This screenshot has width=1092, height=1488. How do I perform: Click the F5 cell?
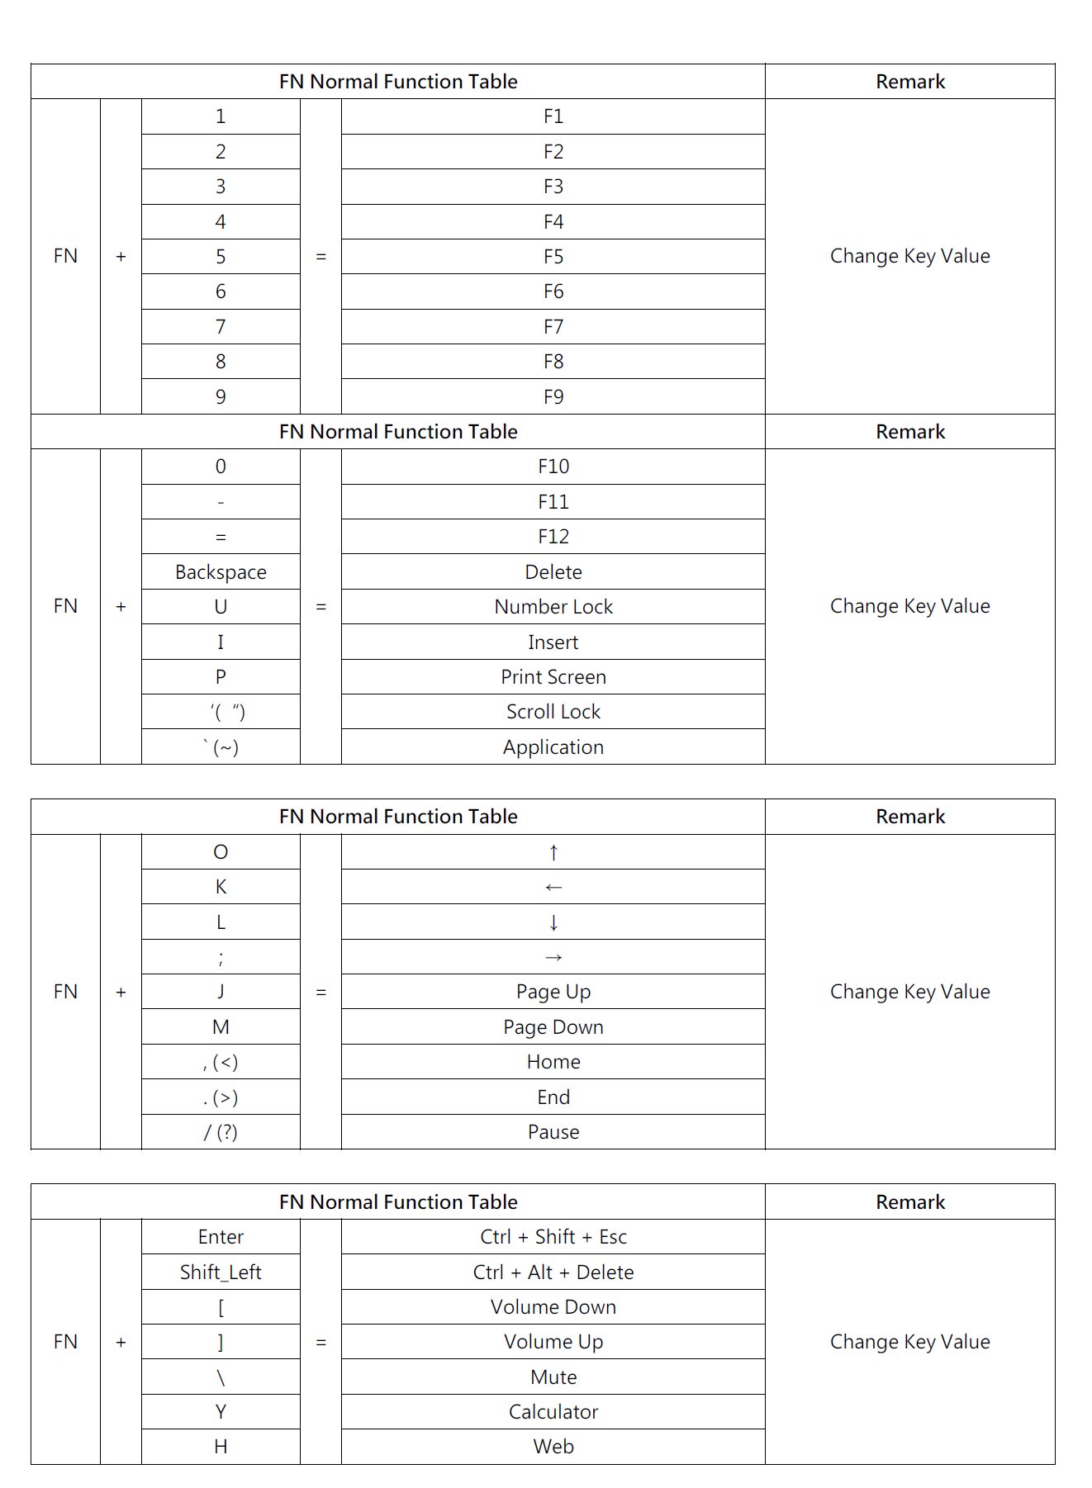click(x=553, y=257)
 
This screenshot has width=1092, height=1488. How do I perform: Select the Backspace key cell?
click(x=221, y=572)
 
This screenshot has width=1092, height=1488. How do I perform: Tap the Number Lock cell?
click(x=553, y=607)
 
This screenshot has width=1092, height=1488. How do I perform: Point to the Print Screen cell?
click(x=553, y=677)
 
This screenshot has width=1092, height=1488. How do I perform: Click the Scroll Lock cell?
click(x=553, y=712)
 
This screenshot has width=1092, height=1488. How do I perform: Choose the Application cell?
click(x=553, y=747)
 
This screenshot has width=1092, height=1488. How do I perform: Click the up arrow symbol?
click(x=553, y=852)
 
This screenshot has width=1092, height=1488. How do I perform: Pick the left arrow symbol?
click(x=553, y=888)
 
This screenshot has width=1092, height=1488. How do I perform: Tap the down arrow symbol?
click(x=553, y=922)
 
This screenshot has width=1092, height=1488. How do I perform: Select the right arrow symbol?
click(x=553, y=958)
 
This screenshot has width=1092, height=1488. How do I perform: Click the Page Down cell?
click(x=553, y=1027)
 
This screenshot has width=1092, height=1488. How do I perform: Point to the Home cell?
click(x=553, y=1062)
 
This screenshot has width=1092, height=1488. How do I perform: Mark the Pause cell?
click(x=553, y=1132)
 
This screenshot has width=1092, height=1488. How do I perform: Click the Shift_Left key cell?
click(x=221, y=1272)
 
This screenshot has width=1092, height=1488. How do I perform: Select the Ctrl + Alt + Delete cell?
click(x=553, y=1272)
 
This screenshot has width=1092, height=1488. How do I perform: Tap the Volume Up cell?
click(x=553, y=1342)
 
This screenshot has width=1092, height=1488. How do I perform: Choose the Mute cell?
click(x=553, y=1377)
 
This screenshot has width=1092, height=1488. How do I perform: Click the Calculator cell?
click(x=553, y=1412)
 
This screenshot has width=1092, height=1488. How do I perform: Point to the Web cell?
click(x=553, y=1447)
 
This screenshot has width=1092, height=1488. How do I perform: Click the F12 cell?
click(x=553, y=537)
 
